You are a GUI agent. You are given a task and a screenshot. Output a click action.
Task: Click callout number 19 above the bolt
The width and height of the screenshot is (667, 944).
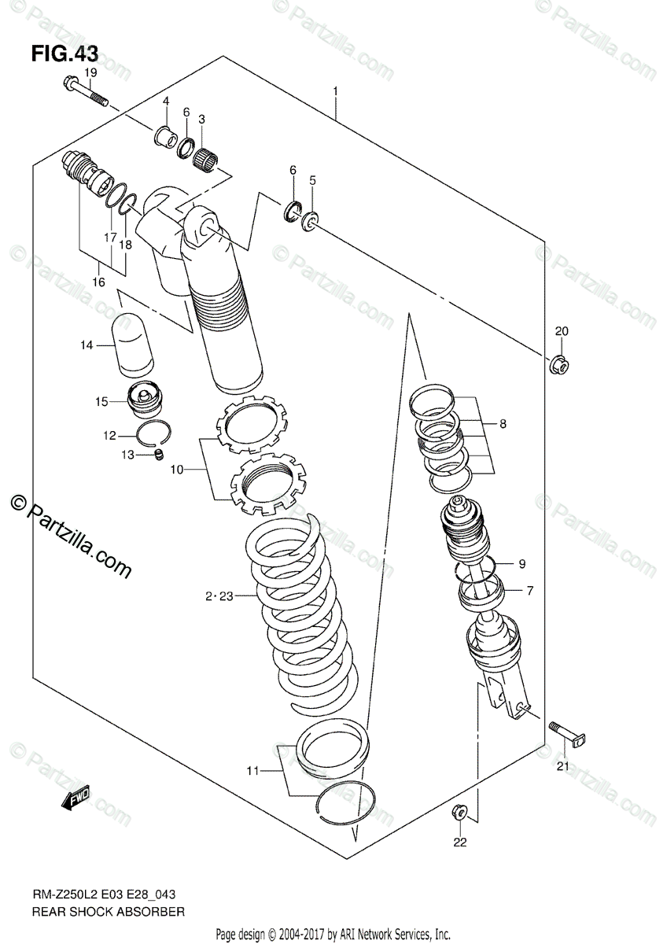coord(90,73)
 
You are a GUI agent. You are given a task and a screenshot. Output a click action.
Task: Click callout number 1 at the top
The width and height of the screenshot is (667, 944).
coord(335,91)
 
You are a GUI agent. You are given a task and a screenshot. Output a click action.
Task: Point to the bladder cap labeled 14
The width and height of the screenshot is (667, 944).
coord(136,343)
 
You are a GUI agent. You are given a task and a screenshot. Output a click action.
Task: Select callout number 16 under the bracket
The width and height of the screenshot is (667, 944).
coord(98,282)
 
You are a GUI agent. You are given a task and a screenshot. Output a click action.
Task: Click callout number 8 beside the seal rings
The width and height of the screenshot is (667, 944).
coord(503,424)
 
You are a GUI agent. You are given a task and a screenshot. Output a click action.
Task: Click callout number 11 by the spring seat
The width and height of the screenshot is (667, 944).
coord(251,771)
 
